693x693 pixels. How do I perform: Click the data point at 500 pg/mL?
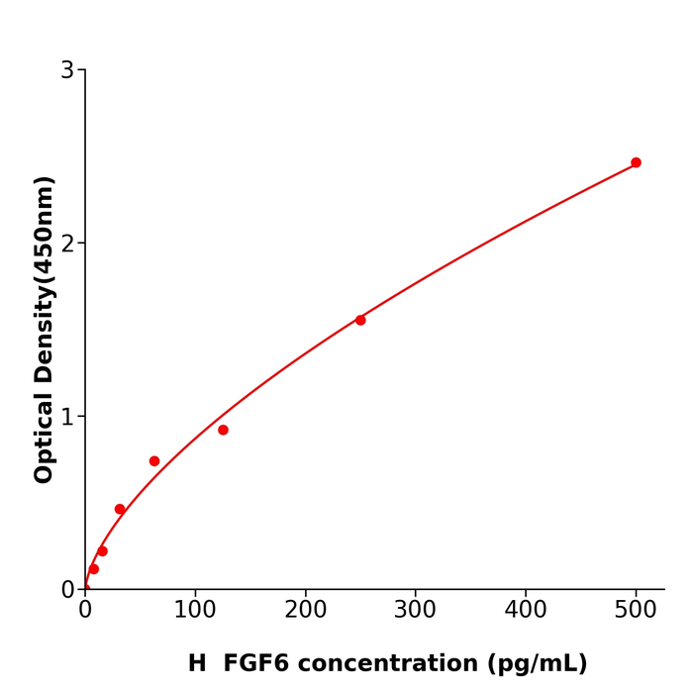click(636, 162)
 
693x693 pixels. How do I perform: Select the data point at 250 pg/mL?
click(360, 320)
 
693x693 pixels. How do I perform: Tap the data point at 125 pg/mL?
click(223, 430)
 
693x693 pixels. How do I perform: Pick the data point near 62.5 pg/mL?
click(154, 461)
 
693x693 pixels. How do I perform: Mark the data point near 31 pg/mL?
click(120, 509)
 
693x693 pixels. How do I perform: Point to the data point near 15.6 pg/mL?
click(102, 551)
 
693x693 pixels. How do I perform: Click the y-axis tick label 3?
click(67, 70)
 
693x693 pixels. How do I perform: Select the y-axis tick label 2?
click(67, 244)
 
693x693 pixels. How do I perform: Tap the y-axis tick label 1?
click(67, 417)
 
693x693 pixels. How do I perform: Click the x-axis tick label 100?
click(195, 611)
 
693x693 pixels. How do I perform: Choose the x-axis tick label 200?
click(305, 611)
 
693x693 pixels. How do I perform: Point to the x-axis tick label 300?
click(415, 611)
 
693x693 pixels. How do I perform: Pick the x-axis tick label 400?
click(525, 611)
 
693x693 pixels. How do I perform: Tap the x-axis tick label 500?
click(636, 611)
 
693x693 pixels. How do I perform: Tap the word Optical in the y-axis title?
click(45, 438)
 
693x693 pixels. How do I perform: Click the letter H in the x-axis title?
click(197, 664)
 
